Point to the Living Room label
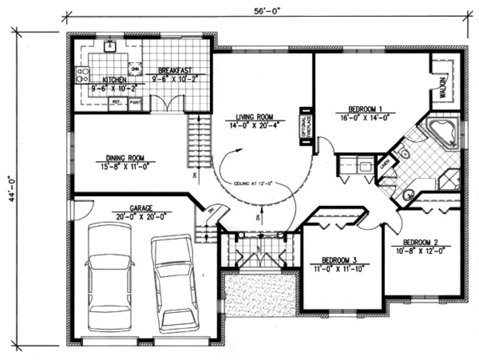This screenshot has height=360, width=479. click(x=253, y=116)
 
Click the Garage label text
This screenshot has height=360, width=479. click(x=141, y=208)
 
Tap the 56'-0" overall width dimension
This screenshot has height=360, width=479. click(x=265, y=10)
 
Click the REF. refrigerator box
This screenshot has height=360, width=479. click(x=117, y=101)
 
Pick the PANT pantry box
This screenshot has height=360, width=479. click(x=134, y=101)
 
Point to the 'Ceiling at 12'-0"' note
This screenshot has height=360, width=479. click(x=253, y=183)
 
